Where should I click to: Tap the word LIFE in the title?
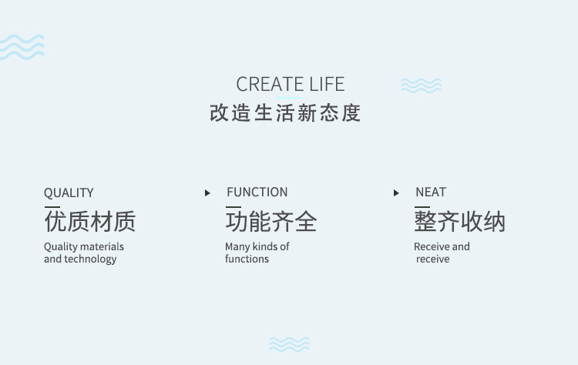(x=327, y=85)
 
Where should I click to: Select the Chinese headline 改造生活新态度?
(x=285, y=112)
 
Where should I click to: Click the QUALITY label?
(x=69, y=193)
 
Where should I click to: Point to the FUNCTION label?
(x=257, y=193)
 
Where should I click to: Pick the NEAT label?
(x=431, y=193)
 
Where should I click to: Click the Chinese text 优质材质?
(x=90, y=221)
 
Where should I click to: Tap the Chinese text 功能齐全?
(x=271, y=221)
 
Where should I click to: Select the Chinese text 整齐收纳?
(x=459, y=221)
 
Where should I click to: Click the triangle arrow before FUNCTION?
(x=207, y=193)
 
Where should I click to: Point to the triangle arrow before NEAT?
(x=396, y=193)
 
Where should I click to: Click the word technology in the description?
(x=90, y=260)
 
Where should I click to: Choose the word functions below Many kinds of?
(x=247, y=259)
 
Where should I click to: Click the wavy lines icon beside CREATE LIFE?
(x=421, y=85)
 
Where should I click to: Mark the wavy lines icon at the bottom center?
(x=289, y=344)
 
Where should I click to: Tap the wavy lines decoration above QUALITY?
(x=22, y=47)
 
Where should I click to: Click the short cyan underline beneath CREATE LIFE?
(x=289, y=98)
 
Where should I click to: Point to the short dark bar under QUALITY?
(x=52, y=207)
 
